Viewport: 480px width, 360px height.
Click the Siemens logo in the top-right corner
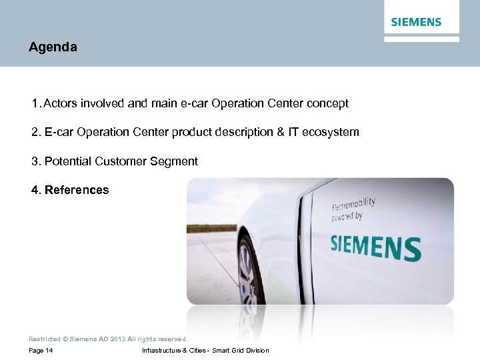[x=416, y=22]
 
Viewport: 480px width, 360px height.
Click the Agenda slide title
[x=53, y=47]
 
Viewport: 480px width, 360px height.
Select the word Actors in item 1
[x=60, y=103]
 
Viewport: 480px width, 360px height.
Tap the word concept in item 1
[x=327, y=103]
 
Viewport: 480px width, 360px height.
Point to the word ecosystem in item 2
[x=331, y=132]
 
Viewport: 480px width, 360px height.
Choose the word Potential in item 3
[x=68, y=161]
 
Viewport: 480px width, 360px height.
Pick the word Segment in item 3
[x=176, y=161]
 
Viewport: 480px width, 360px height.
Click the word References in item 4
[x=77, y=190]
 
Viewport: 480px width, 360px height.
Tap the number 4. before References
[x=36, y=190]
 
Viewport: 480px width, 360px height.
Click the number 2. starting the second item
[x=36, y=132]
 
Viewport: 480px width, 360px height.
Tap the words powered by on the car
[x=347, y=217]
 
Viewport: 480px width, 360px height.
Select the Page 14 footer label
[x=41, y=351]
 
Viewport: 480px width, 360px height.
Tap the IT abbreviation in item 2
[x=293, y=132]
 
